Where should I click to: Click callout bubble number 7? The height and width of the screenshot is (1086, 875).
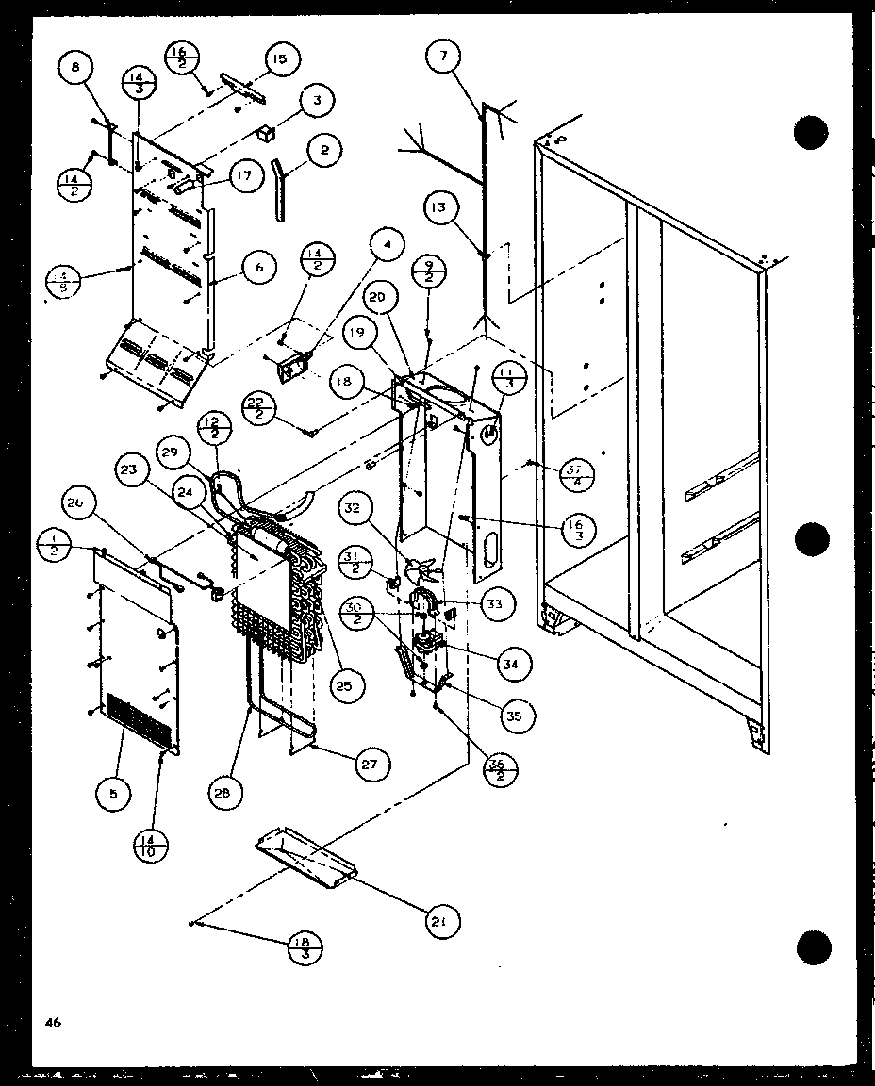point(440,58)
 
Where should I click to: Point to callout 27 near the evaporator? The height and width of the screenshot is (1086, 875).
point(370,764)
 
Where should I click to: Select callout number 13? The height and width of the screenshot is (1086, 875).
point(442,207)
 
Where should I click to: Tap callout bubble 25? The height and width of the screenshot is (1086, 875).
point(344,686)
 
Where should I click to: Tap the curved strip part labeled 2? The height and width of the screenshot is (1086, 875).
point(280,189)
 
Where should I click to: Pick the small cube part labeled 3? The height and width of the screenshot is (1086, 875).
point(270,131)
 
